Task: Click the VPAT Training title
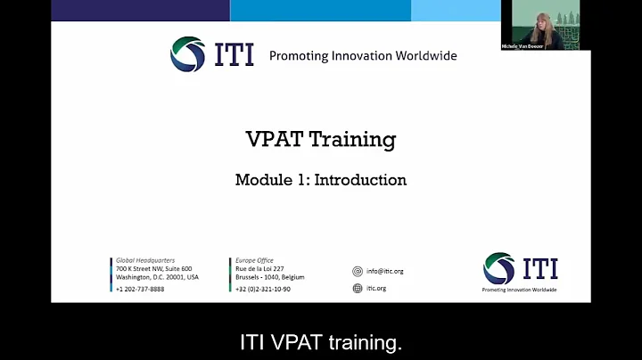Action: click(320, 140)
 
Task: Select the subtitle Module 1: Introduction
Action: click(320, 180)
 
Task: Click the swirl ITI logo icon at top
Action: click(187, 54)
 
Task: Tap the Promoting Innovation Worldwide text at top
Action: click(363, 55)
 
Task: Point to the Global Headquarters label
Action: click(143, 260)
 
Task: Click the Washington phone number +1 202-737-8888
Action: click(140, 289)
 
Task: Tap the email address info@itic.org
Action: click(384, 271)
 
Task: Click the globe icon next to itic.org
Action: click(358, 289)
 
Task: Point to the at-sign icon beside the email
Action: click(358, 271)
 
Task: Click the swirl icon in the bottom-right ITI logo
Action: click(498, 268)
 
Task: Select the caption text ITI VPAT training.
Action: click(320, 342)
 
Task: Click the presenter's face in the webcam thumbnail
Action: click(540, 21)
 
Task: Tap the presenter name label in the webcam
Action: click(522, 45)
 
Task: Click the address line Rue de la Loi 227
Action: click(259, 269)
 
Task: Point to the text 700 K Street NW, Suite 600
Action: click(153, 269)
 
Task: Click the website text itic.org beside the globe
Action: click(376, 289)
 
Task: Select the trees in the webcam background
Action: click(566, 18)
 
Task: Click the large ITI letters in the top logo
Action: click(234, 54)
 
